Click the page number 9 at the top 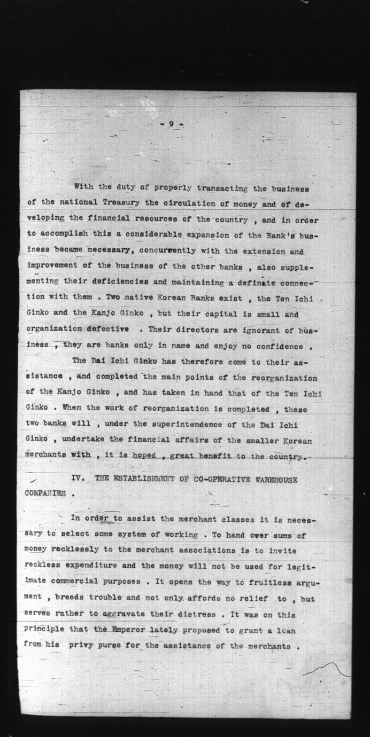tap(171, 124)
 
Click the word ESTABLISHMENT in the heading tap(136, 480)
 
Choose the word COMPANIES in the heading tap(45, 494)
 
